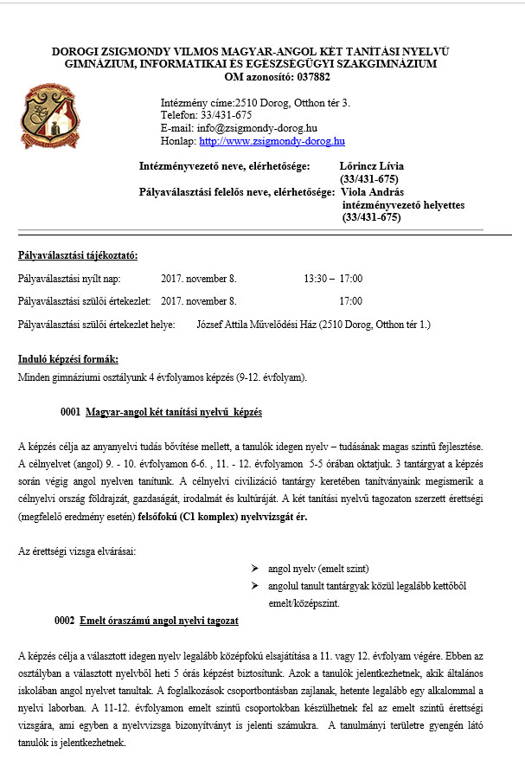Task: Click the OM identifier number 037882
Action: pos(309,76)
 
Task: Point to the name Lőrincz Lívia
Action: pos(373,165)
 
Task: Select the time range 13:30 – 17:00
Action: pos(333,279)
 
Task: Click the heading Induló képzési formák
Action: pos(68,358)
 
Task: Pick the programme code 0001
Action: pos(70,412)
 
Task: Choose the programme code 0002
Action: pos(64,621)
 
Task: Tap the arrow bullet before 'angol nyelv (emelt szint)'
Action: pos(255,569)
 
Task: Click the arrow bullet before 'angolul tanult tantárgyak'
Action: pos(255,586)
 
